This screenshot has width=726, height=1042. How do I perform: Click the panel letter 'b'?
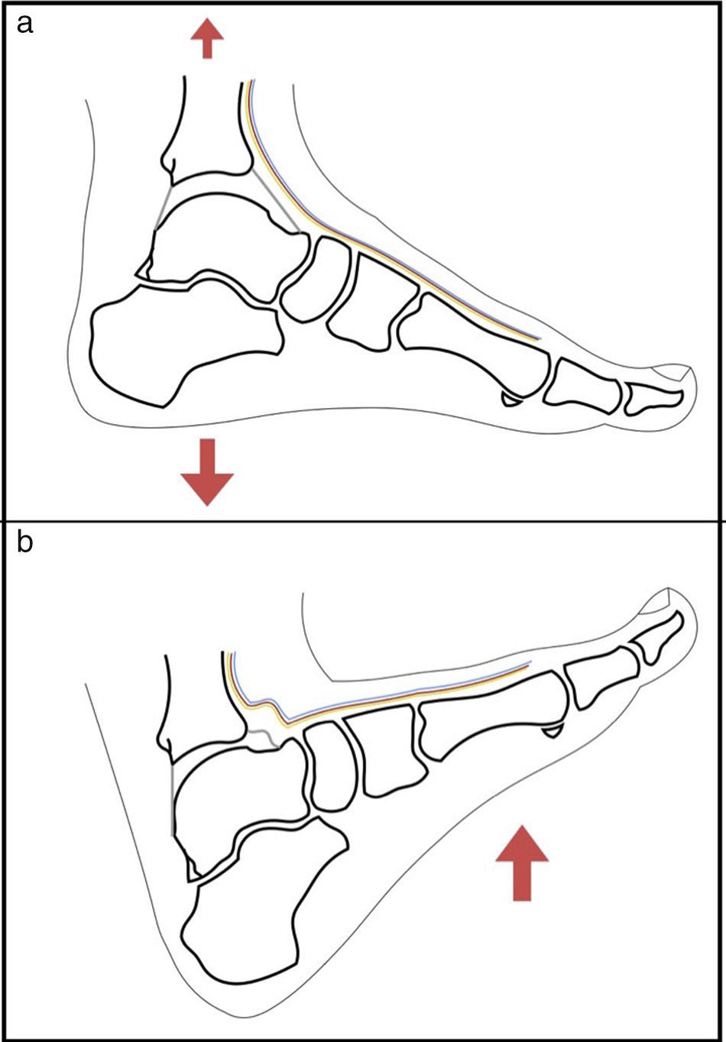tap(25, 544)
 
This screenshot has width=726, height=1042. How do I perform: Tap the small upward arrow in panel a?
tap(206, 39)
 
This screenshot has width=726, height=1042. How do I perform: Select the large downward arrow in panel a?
tap(206, 471)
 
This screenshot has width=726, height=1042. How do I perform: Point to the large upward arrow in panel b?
tap(522, 862)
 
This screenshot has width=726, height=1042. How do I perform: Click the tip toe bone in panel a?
tap(653, 399)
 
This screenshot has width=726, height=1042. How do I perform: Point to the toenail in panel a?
tap(673, 372)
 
